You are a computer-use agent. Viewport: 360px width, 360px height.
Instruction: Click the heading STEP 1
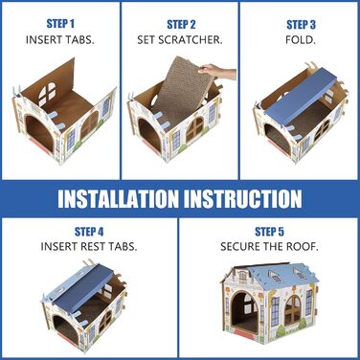click(x=60, y=24)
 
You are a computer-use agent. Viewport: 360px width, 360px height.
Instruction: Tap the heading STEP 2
click(x=181, y=24)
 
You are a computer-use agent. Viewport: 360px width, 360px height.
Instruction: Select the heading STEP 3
click(x=301, y=24)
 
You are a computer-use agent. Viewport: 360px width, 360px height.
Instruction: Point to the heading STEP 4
click(x=89, y=232)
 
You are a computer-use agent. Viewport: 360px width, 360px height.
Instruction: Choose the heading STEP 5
click(x=269, y=232)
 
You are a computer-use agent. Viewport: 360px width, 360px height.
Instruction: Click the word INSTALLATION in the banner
click(x=119, y=199)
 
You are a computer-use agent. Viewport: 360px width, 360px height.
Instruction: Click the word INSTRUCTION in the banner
click(x=243, y=199)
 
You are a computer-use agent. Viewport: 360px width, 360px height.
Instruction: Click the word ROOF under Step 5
click(x=302, y=246)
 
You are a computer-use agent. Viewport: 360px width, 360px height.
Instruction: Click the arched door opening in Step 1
click(x=39, y=134)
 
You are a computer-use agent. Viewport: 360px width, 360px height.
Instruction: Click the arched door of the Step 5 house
click(x=244, y=313)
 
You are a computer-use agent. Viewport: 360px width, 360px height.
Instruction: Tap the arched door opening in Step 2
click(x=150, y=134)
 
